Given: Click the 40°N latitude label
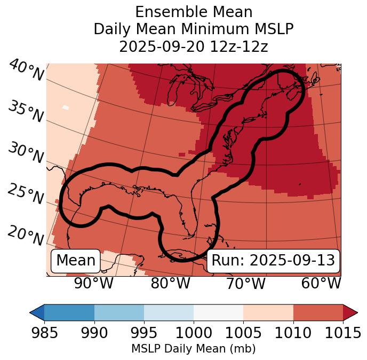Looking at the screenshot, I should pyautogui.click(x=26, y=71).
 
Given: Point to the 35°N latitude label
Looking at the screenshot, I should pyautogui.click(x=26, y=112).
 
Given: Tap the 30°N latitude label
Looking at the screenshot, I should pyautogui.click(x=26, y=154).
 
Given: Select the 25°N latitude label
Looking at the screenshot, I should pyautogui.click(x=26, y=194).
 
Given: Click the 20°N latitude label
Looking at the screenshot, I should pyautogui.click(x=26, y=235).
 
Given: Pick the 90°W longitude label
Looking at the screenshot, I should pyautogui.click(x=93, y=284).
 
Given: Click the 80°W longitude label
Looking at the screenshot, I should pyautogui.click(x=171, y=284).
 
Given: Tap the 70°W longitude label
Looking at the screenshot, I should pyautogui.click(x=246, y=284).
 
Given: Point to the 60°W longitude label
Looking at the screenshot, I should pyautogui.click(x=321, y=284).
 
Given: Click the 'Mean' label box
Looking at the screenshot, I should pyautogui.click(x=76, y=261).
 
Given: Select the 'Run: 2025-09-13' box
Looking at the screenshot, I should pyautogui.click(x=273, y=261).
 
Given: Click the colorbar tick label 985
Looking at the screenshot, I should pyautogui.click(x=45, y=333).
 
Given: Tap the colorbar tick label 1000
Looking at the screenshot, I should pyautogui.click(x=194, y=333).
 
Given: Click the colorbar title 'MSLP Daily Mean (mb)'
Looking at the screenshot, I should pyautogui.click(x=194, y=349).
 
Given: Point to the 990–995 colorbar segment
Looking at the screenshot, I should pyautogui.click(x=119, y=312).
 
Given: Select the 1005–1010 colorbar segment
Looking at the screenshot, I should pyautogui.click(x=268, y=312).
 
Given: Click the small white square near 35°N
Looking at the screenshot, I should pyautogui.click(x=66, y=107).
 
